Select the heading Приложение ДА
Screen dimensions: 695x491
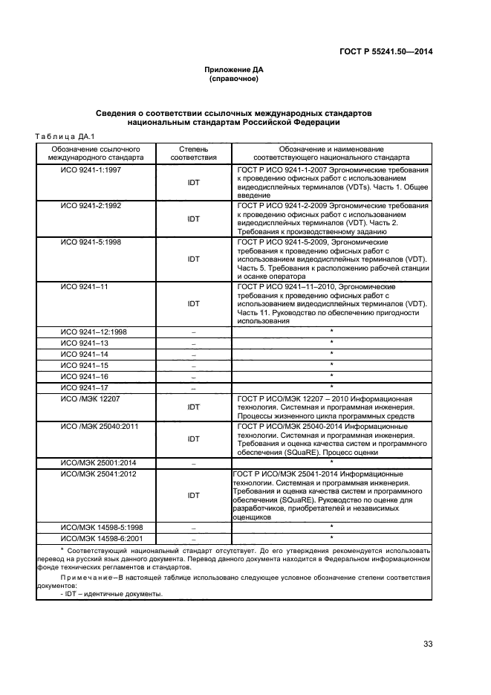tap(234, 69)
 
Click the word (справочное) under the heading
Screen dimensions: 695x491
tap(234, 78)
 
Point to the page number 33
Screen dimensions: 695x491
tap(428, 644)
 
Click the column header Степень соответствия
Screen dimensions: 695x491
tap(193, 153)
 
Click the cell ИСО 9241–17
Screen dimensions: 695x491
tap(84, 387)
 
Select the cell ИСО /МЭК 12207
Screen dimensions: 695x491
tap(91, 398)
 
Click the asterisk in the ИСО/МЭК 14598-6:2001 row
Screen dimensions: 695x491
tap(331, 537)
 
